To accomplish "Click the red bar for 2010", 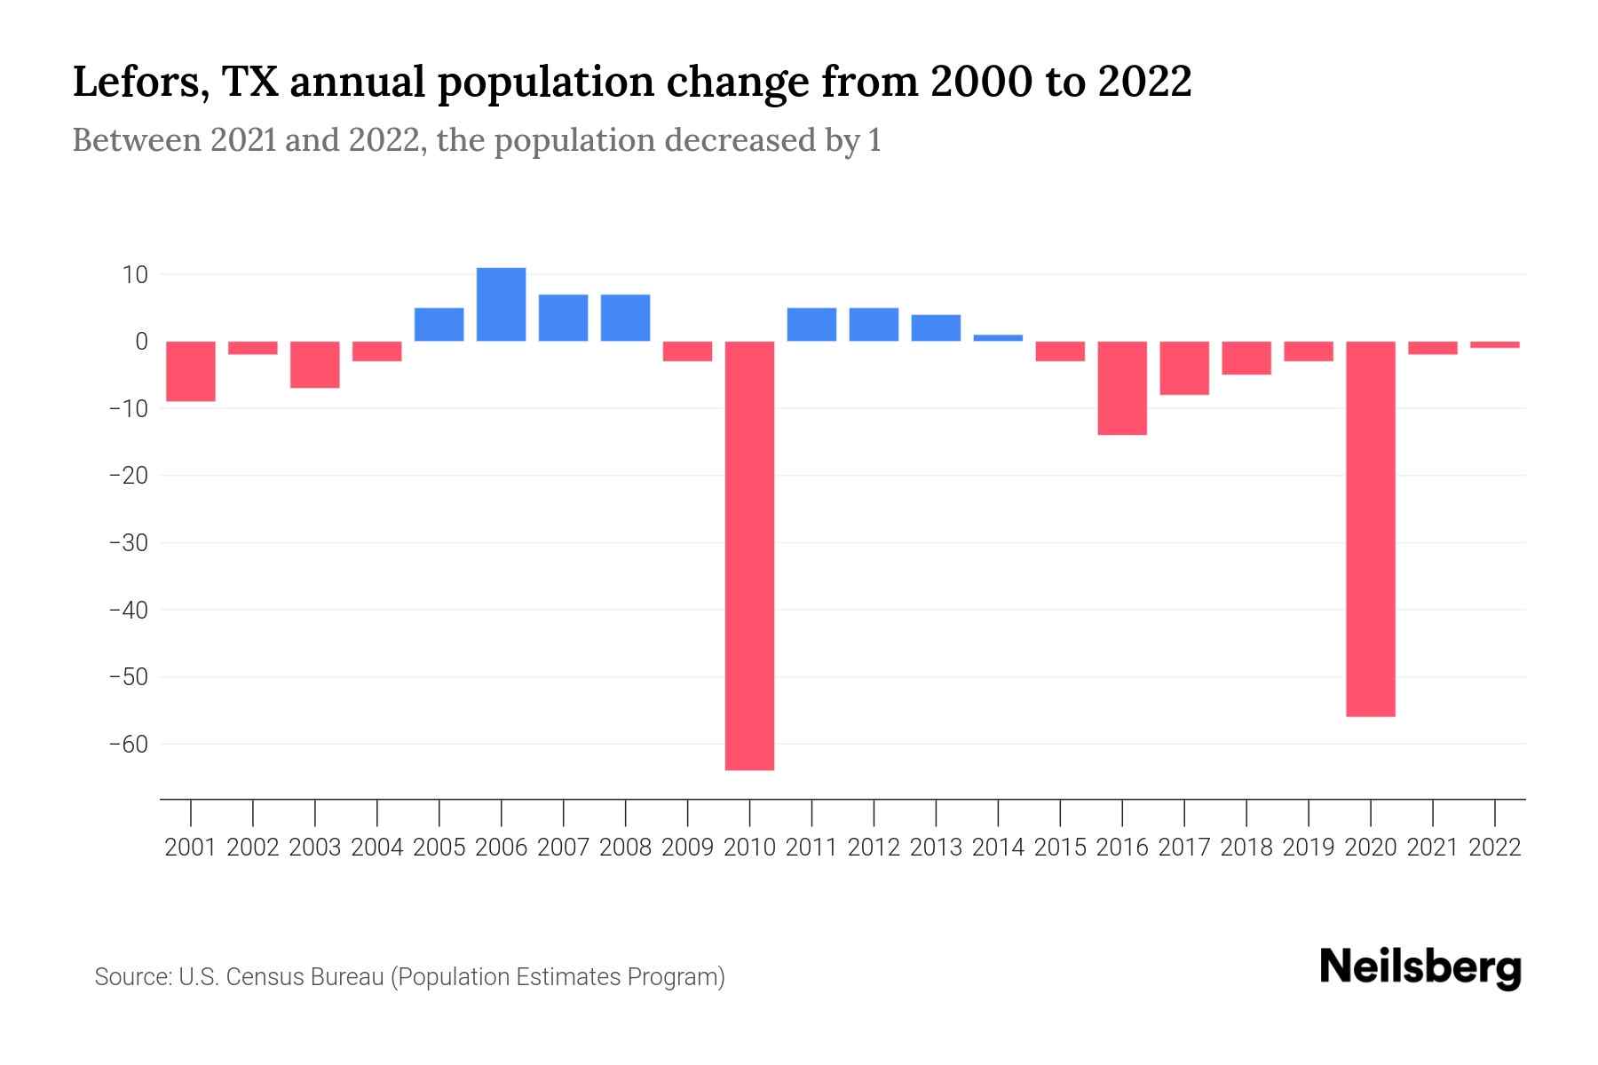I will (x=749, y=555).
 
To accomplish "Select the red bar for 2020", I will (x=1370, y=528).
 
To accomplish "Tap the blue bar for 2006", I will (x=501, y=304).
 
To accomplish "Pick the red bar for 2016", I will (x=1121, y=388).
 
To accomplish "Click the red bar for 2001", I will (x=191, y=371).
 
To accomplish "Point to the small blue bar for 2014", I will (x=998, y=338).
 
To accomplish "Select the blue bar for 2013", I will (x=936, y=327).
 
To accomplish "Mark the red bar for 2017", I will (x=1183, y=368).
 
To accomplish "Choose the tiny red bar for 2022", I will (x=1494, y=344).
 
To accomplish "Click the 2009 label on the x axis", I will (x=687, y=848).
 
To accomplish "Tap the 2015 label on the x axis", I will (x=1060, y=848).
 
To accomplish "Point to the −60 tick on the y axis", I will (x=128, y=745).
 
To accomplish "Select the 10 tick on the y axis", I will (x=135, y=275).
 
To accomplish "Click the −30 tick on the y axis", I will (x=128, y=543).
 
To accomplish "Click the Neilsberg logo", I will (x=1420, y=967).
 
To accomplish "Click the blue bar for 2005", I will (x=439, y=324).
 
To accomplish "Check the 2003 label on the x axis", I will (x=315, y=848).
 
